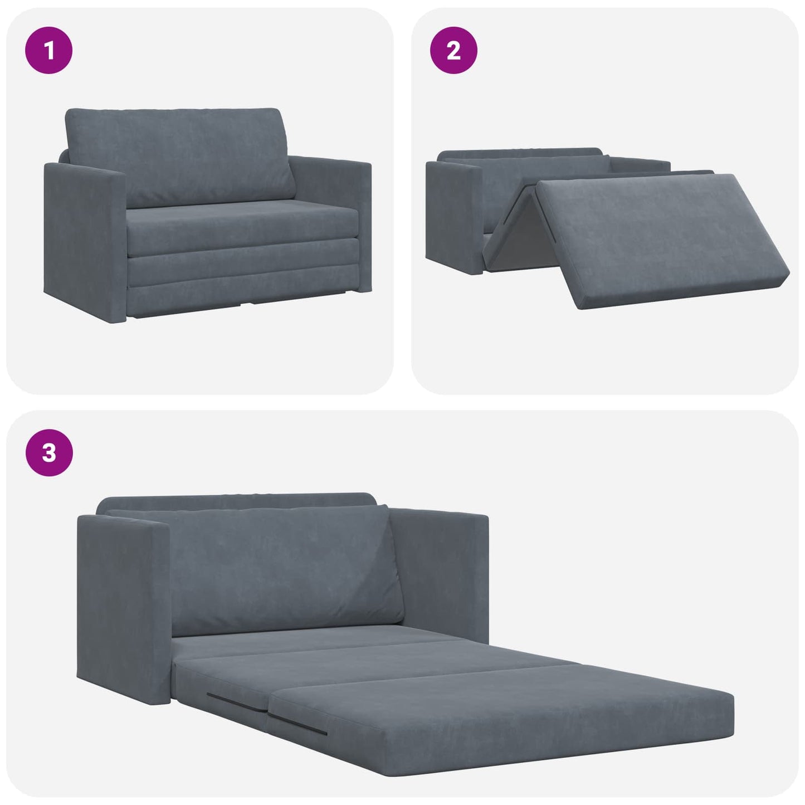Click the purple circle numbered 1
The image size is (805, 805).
pos(49,51)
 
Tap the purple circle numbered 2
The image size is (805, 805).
pos(453,51)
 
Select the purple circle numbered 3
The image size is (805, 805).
pos(49,453)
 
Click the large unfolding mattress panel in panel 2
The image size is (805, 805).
pos(657,234)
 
